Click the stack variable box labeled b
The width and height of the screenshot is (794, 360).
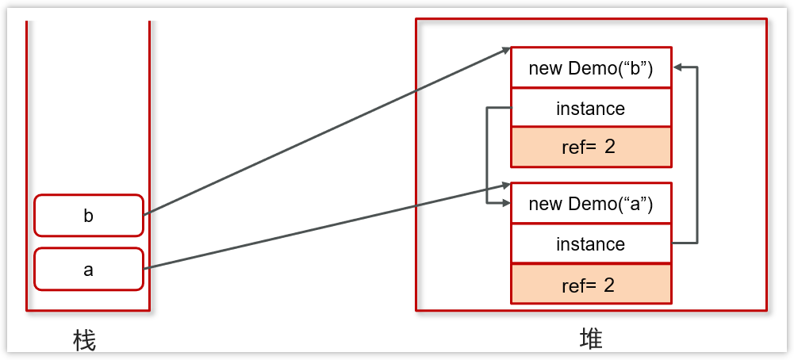pyautogui.click(x=89, y=216)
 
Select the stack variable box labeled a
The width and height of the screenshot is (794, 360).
pyautogui.click(x=89, y=270)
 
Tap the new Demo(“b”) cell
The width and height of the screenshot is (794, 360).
pyautogui.click(x=591, y=67)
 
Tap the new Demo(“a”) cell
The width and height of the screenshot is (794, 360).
pyautogui.click(x=591, y=203)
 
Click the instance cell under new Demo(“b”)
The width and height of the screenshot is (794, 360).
pyautogui.click(x=591, y=108)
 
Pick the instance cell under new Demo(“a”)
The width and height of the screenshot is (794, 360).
pyautogui.click(x=591, y=243)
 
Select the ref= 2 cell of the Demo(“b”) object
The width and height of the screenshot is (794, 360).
pyautogui.click(x=591, y=147)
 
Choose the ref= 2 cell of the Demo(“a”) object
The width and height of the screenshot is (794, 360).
pyautogui.click(x=591, y=285)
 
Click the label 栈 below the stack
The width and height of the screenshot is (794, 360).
pyautogui.click(x=84, y=341)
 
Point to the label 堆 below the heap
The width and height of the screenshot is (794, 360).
pyautogui.click(x=591, y=339)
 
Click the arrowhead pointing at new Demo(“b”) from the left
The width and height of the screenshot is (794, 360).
pyautogui.click(x=506, y=51)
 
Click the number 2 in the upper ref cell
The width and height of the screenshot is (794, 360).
pyautogui.click(x=609, y=147)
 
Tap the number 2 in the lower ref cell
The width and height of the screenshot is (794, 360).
pyautogui.click(x=609, y=285)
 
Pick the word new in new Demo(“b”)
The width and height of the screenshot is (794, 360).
pyautogui.click(x=546, y=68)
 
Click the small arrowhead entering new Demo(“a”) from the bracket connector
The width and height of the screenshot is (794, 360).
pyautogui.click(x=505, y=204)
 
